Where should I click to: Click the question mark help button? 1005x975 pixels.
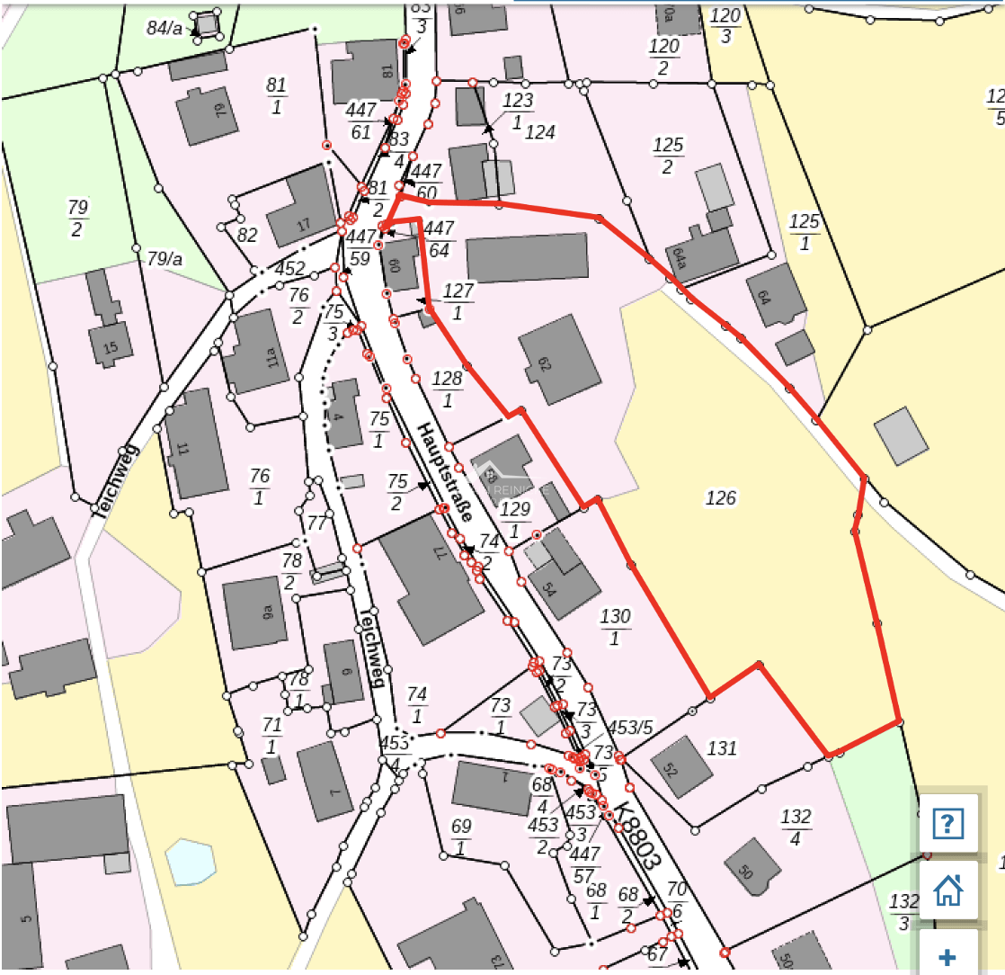click(x=948, y=822)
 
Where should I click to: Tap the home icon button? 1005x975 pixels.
click(x=948, y=890)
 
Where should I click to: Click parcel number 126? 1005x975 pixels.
click(x=721, y=498)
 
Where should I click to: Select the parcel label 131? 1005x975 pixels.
click(x=722, y=747)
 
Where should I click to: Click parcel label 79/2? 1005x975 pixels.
click(x=77, y=218)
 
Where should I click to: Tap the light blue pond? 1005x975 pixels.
click(x=191, y=863)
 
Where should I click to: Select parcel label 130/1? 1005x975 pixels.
click(x=615, y=626)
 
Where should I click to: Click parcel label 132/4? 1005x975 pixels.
click(x=796, y=827)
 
